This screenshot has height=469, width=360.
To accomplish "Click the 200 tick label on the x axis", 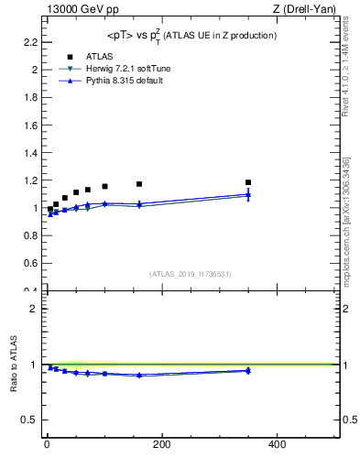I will pos(161,445).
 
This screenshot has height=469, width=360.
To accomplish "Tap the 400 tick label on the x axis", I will pos(277,445).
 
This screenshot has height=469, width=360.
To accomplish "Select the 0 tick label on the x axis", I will pos(47,445).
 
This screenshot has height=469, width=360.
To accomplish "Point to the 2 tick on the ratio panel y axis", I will pos(34,309).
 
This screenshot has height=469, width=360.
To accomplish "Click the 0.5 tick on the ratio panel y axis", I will pos(30,420).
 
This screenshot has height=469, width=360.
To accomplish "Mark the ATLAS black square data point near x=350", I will pos(248,182).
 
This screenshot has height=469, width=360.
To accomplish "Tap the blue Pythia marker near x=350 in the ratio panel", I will pos(248,370).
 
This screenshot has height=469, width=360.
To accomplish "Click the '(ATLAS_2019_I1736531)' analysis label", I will pos(191,274).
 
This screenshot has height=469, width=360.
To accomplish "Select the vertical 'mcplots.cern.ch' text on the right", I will pos(345,229).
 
